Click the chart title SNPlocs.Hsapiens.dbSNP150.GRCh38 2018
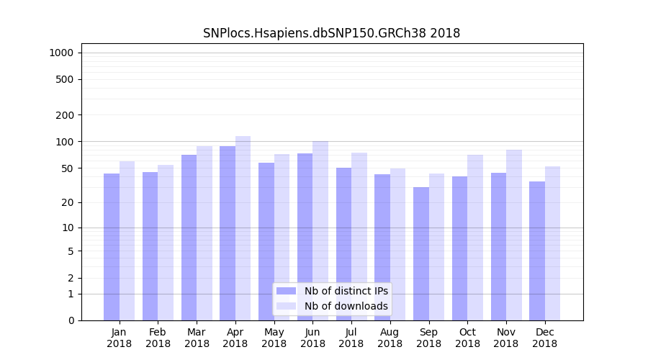[331, 33]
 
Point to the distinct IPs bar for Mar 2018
[189, 238]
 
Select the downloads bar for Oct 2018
[475, 238]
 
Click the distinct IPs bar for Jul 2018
[343, 244]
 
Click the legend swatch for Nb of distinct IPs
[286, 291]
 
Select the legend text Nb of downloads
[346, 306]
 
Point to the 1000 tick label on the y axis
[61, 53]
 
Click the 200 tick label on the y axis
[66, 115]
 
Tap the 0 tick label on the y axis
[71, 320]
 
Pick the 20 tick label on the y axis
[68, 202]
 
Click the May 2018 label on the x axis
[274, 338]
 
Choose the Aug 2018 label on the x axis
[390, 338]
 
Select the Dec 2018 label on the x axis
[544, 338]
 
